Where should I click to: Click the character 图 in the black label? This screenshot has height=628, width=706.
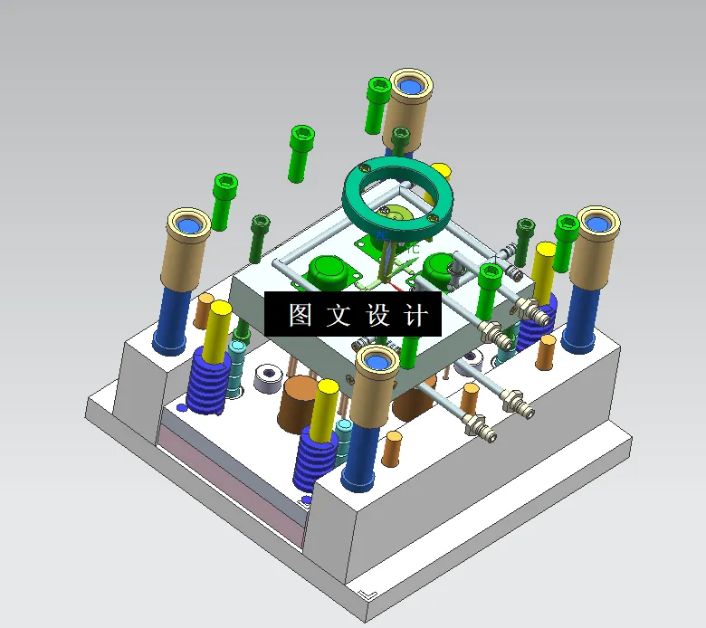click(300, 315)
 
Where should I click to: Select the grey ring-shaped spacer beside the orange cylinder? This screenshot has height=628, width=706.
click(267, 377)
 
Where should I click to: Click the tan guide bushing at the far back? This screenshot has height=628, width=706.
click(408, 104)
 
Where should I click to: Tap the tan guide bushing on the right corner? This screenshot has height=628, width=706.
click(596, 240)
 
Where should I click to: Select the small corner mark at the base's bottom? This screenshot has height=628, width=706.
click(367, 594)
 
